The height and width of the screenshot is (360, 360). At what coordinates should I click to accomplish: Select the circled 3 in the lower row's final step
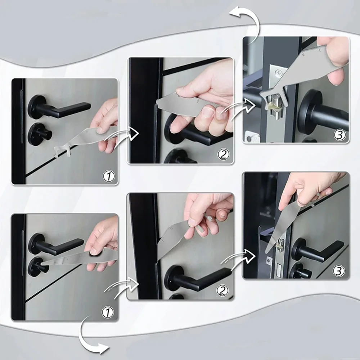[339, 271]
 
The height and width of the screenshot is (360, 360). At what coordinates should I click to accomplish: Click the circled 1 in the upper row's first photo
[108, 176]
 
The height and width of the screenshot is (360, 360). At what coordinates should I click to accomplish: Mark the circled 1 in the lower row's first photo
[108, 312]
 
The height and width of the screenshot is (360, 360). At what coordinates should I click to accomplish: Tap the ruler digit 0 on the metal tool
[303, 55]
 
